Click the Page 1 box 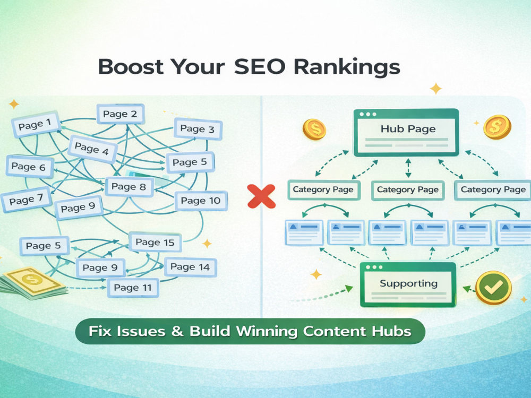36,124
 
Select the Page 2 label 121,114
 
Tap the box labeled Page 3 198,129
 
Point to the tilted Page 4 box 92,149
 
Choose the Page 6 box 30,167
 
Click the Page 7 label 27,200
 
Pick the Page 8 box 129,186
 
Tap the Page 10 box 201,201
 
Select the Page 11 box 133,288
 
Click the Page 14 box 190,267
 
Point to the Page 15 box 155,243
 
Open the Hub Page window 406,132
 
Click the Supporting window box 408,284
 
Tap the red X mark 261,196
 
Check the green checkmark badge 493,288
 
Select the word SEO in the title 260,66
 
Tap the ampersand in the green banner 177,331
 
